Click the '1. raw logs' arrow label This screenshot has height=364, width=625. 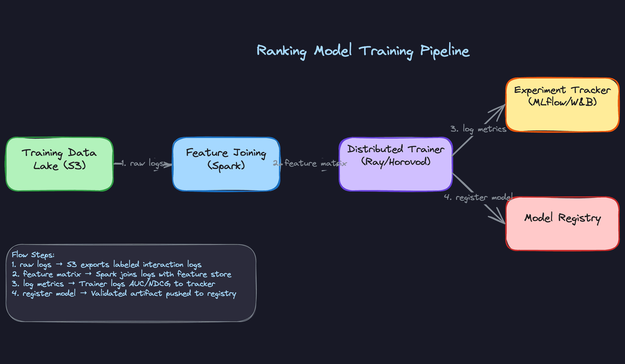pyautogui.click(x=142, y=163)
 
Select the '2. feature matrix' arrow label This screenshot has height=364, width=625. pyautogui.click(x=310, y=163)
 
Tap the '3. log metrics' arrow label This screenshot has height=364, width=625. pyautogui.click(x=478, y=129)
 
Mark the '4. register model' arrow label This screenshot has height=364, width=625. pyautogui.click(x=478, y=197)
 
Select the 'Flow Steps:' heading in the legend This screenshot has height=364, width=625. pyautogui.click(x=33, y=255)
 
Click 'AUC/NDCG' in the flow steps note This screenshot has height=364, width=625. pyautogui.click(x=150, y=284)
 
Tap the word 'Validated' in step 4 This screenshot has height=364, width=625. pyautogui.click(x=109, y=293)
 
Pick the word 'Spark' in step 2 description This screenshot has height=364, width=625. pyautogui.click(x=106, y=275)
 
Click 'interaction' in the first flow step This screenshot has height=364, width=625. pyautogui.click(x=163, y=265)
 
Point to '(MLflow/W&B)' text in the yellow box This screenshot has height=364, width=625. pyautogui.click(x=562, y=102)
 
